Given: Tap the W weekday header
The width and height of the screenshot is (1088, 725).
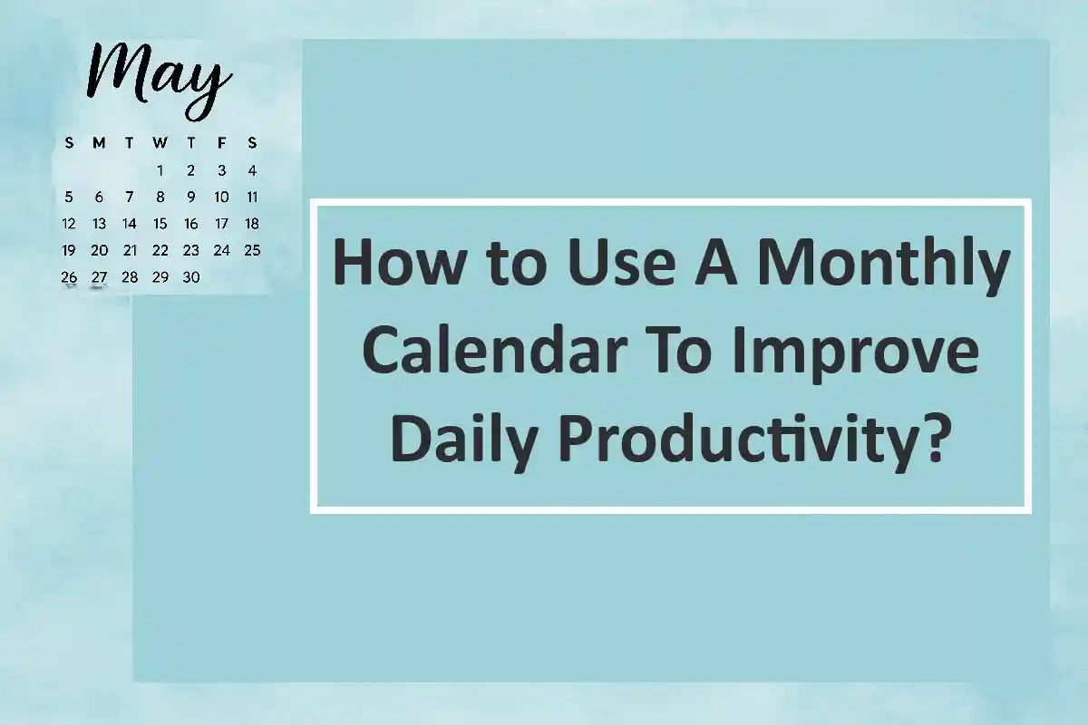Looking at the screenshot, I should click(160, 143).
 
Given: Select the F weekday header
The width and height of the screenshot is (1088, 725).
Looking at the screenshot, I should click(221, 143).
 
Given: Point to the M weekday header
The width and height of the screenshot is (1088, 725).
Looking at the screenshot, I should click(99, 143).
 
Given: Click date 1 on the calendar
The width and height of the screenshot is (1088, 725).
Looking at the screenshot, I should click(160, 170).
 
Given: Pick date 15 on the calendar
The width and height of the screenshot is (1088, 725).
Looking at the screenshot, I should click(160, 224).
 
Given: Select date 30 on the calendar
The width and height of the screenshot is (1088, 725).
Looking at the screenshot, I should click(191, 277).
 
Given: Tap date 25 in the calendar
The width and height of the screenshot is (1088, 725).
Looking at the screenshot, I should click(252, 251).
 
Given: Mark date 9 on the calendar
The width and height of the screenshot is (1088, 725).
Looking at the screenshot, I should click(191, 197).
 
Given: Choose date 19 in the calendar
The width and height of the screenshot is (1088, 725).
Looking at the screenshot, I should click(69, 251).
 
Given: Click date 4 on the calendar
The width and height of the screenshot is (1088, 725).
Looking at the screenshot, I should click(252, 170).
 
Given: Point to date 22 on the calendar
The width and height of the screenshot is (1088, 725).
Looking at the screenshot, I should click(160, 251).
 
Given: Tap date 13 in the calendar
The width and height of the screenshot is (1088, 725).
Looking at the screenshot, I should click(99, 224).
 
